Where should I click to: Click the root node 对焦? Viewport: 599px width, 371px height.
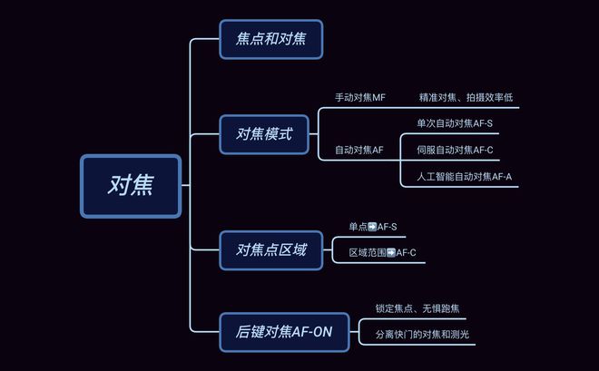(131, 186)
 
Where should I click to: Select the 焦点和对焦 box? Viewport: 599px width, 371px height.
(270, 39)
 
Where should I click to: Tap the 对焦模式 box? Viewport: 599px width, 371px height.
(264, 134)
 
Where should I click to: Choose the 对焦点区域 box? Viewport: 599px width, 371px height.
(270, 250)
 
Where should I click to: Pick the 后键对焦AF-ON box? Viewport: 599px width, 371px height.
(284, 332)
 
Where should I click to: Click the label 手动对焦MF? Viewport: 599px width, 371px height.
(360, 97)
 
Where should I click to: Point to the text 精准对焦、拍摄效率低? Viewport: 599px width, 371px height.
(466, 97)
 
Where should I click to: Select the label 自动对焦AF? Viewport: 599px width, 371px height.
(358, 150)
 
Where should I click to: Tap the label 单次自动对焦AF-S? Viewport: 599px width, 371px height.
(455, 123)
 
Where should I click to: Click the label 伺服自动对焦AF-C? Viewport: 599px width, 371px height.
(455, 150)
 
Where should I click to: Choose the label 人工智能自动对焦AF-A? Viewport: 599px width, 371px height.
(464, 176)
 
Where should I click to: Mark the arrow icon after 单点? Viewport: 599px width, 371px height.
(372, 227)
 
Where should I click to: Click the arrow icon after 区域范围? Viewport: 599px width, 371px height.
(391, 253)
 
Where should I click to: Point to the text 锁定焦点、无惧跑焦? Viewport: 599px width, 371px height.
(417, 308)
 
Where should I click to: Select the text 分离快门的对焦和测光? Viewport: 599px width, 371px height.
(422, 335)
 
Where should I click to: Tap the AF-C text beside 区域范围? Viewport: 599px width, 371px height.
(406, 253)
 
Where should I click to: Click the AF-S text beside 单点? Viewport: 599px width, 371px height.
(387, 227)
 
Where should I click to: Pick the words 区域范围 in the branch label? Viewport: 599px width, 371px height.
(368, 253)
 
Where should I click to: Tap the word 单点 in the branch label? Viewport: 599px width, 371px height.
(358, 227)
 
